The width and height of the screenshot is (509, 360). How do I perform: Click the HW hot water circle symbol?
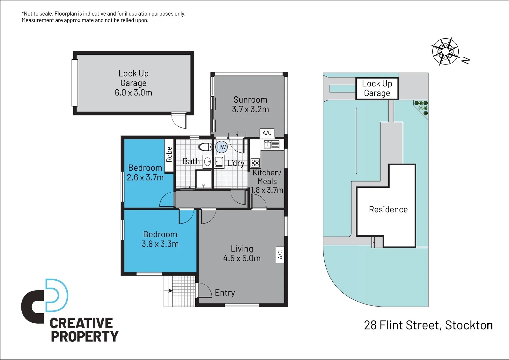[x=221, y=147]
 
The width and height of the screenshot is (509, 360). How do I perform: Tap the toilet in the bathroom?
[x=205, y=147]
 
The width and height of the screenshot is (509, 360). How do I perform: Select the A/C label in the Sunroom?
[x=267, y=133]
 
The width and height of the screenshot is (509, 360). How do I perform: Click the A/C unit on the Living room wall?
[x=280, y=255]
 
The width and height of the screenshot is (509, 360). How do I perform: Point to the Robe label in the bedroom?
[x=169, y=155]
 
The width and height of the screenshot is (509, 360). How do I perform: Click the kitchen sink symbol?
[x=271, y=145]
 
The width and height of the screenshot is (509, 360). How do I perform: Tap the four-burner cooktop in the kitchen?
[x=255, y=163]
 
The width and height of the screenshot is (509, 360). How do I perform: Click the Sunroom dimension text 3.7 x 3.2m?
[x=250, y=109]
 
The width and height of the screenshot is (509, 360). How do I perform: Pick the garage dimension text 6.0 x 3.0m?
[x=133, y=93]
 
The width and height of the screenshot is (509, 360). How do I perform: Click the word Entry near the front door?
[x=225, y=293]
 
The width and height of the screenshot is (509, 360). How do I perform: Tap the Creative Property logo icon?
[x=45, y=301]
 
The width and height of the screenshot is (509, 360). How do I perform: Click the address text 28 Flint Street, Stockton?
[x=428, y=325]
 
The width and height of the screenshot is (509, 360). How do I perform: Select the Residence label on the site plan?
[x=388, y=209]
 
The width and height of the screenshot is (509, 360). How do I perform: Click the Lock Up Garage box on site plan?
[x=377, y=88]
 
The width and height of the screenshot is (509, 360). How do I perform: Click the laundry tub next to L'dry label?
[x=219, y=162]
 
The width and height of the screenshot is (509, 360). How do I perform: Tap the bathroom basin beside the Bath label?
[x=207, y=162]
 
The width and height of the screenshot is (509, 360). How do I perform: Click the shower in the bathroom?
[x=203, y=179]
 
